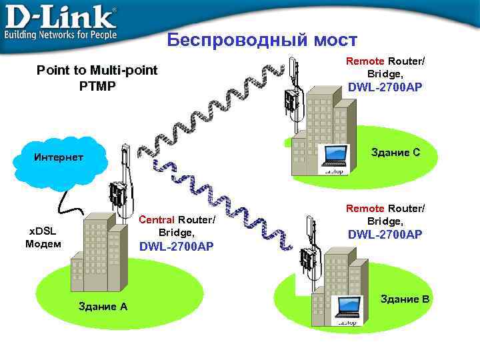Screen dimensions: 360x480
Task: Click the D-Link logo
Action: [x=61, y=21]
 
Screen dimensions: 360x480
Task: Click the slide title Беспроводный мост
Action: [x=262, y=40]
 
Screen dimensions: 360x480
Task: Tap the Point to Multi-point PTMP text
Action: [x=97, y=77]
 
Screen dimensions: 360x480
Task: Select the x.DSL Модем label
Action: [x=43, y=237]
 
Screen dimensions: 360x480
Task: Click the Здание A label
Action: [x=103, y=307]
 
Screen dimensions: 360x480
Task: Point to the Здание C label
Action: [x=395, y=152]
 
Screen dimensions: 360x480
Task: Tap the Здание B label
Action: [x=404, y=299]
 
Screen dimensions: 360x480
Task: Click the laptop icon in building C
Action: [x=333, y=157]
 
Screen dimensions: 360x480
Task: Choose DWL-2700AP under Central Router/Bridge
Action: [x=176, y=247]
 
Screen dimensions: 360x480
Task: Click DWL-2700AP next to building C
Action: [x=385, y=87]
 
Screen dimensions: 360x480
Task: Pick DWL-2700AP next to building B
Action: [x=385, y=234]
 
